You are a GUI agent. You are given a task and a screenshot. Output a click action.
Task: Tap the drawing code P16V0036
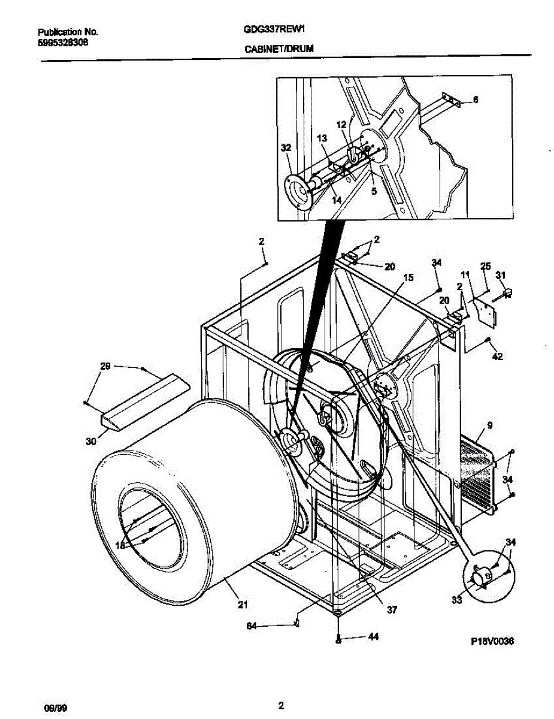[x=492, y=641]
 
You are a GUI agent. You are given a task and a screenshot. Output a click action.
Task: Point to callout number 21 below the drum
[x=241, y=604]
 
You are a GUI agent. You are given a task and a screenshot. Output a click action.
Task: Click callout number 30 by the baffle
[x=90, y=442]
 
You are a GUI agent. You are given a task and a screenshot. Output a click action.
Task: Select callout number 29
[x=105, y=366]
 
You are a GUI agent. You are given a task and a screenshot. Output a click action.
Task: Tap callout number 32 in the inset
[x=286, y=147]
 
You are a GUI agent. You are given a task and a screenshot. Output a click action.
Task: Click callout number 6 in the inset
[x=476, y=101]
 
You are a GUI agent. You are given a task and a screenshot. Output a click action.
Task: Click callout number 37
[x=391, y=610]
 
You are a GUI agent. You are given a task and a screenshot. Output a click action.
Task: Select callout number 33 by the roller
[x=458, y=600]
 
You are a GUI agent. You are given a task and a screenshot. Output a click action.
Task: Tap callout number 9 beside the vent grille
[x=490, y=426]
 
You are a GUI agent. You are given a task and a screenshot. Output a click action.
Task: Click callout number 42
[x=497, y=357]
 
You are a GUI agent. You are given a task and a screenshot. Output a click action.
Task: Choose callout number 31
[x=501, y=275]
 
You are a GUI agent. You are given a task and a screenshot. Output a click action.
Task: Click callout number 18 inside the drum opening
[x=120, y=545]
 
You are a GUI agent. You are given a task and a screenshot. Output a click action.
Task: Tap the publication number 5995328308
[x=63, y=43]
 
